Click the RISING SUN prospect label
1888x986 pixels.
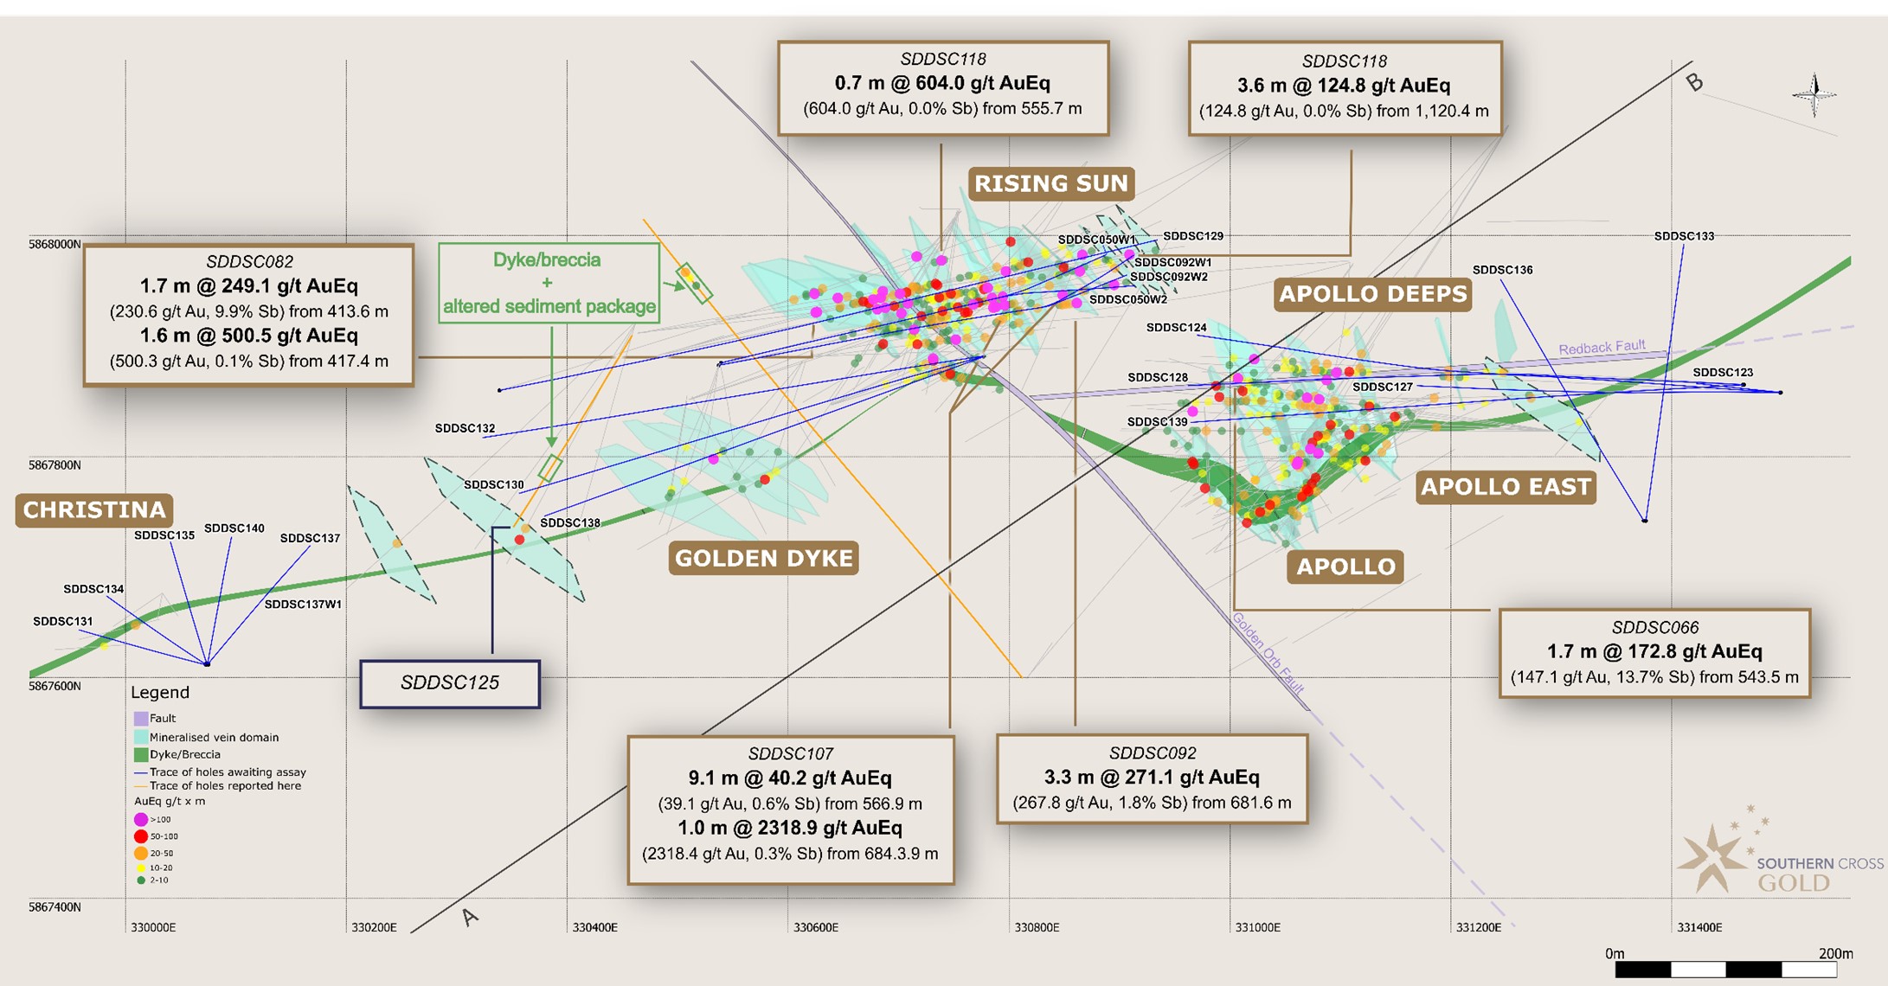[x=1051, y=183]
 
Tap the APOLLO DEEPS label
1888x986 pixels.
[x=1373, y=294]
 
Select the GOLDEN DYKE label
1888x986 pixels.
[x=763, y=558]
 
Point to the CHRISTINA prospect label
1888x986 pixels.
[x=94, y=509]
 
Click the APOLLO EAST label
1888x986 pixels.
[x=1506, y=487]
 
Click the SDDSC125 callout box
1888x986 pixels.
[x=450, y=683]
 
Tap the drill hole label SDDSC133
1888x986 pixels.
[x=1684, y=236]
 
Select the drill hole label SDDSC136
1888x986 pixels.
[x=1502, y=270]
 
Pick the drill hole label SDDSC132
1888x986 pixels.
[x=465, y=428]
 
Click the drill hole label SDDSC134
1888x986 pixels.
[x=93, y=589]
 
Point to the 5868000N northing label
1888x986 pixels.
[x=55, y=245]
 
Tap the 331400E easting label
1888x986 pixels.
[x=1699, y=927]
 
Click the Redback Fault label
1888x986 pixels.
[x=1602, y=348]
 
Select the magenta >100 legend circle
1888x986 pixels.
[x=141, y=819]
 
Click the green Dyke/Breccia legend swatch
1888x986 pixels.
[x=141, y=754]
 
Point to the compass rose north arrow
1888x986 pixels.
[x=1814, y=93]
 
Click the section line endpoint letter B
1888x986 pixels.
[x=1694, y=82]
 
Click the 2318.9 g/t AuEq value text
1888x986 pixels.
[x=789, y=828]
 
